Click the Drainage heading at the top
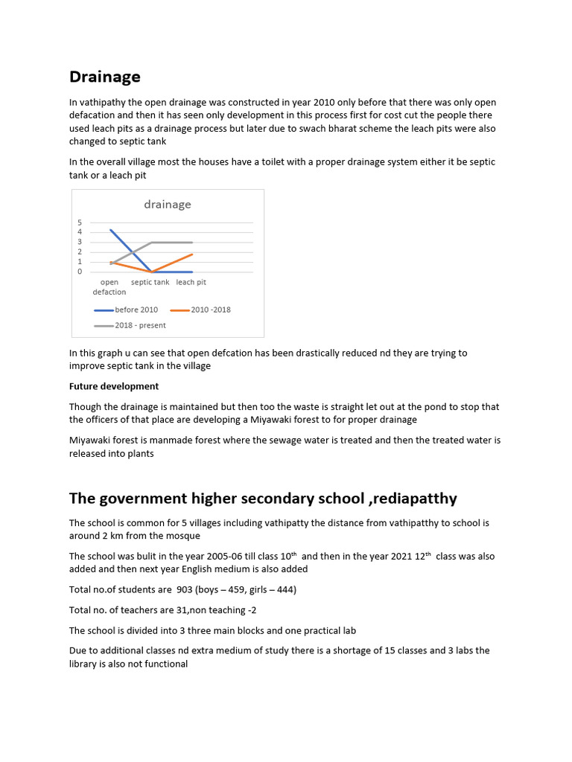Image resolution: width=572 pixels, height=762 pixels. (x=104, y=77)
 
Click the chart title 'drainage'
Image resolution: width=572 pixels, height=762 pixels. (x=167, y=204)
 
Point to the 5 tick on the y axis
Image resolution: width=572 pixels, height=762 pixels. (x=80, y=222)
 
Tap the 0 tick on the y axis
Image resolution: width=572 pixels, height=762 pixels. (x=80, y=272)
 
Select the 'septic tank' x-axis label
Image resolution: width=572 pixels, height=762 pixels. (x=150, y=283)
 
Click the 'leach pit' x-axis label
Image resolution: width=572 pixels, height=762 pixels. (x=191, y=283)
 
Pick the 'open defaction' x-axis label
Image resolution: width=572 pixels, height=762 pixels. (x=109, y=287)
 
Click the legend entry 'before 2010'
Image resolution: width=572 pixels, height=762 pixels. (x=136, y=310)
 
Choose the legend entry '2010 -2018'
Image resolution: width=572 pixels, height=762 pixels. (x=211, y=310)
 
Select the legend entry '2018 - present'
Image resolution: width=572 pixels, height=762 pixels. (x=140, y=325)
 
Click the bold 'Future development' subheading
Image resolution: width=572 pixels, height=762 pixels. (x=114, y=386)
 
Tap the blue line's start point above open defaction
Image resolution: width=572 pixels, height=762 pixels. (x=110, y=230)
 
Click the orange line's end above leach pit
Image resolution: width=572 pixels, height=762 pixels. (x=193, y=254)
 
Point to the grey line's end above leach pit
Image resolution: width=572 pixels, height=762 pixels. (x=193, y=243)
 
